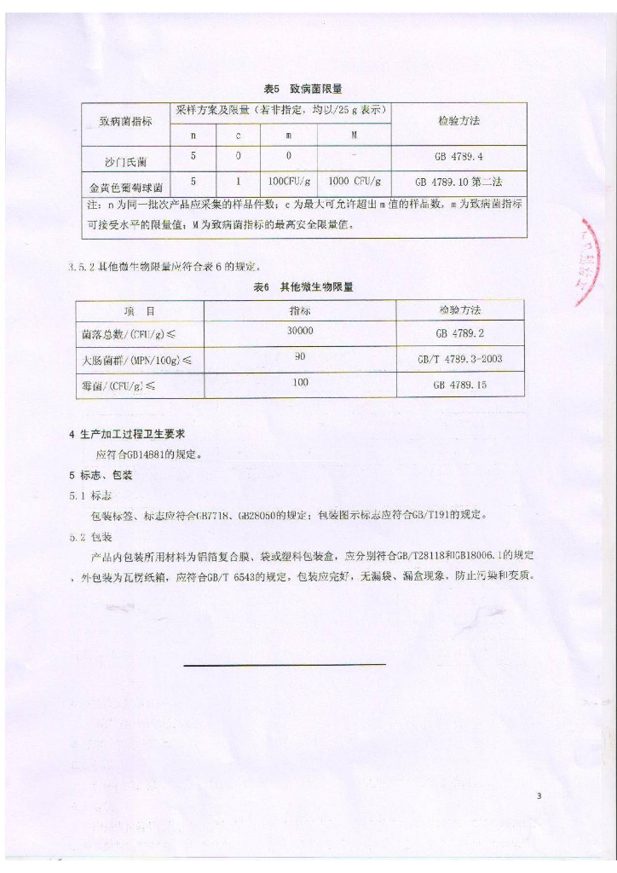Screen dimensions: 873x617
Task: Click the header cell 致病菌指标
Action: click(x=125, y=121)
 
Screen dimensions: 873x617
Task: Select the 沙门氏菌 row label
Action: click(x=125, y=159)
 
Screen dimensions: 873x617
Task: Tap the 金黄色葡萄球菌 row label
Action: click(x=125, y=183)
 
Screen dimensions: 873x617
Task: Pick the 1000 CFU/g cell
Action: click(x=354, y=182)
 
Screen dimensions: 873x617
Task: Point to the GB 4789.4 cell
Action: click(x=458, y=158)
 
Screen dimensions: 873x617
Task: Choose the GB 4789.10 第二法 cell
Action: click(x=458, y=182)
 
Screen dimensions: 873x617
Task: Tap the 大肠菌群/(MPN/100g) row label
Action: click(x=131, y=360)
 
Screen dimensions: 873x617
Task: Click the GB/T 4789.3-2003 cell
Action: click(x=459, y=359)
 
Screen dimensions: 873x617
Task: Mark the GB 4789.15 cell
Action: click(x=459, y=385)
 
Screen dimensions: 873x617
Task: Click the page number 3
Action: click(x=539, y=796)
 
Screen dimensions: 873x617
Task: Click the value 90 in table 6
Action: click(x=300, y=357)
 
